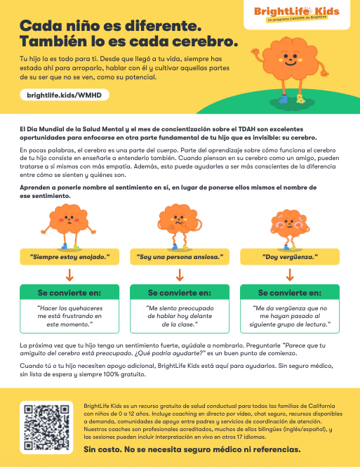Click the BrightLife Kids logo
pyautogui.click(x=297, y=14)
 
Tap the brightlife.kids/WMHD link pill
pyautogui.click(x=65, y=95)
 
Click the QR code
pyautogui.click(x=46, y=428)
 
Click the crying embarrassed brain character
pyautogui.click(x=289, y=230)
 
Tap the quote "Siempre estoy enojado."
pyautogui.click(x=69, y=257)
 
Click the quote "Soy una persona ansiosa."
pyautogui.click(x=180, y=257)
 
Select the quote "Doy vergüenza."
pyautogui.click(x=290, y=257)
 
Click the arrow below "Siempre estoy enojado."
pyautogui.click(x=69, y=275)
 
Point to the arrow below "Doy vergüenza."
pyautogui.click(x=290, y=275)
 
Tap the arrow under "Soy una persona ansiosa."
pyautogui.click(x=180, y=275)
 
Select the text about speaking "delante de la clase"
pyautogui.click(x=180, y=316)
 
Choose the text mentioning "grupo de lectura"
pyautogui.click(x=290, y=316)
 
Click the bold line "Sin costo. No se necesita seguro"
pyautogui.click(x=192, y=449)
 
